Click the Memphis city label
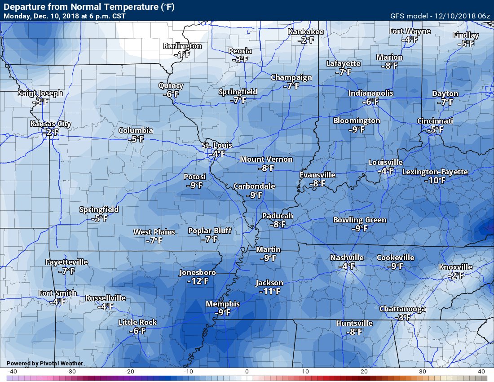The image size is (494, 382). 223,304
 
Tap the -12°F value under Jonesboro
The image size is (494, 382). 198,281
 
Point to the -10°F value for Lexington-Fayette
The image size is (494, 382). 435,180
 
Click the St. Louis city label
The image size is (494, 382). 217,145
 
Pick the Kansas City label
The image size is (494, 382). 51,124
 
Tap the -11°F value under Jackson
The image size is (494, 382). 269,291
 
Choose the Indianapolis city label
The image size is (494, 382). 371,93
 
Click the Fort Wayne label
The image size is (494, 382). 410,31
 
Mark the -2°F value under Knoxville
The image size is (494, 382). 456,275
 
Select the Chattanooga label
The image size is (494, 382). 403,309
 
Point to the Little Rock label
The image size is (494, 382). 138,322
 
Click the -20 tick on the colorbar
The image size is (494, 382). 129,372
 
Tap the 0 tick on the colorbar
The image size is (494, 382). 247,372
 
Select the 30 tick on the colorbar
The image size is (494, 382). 423,372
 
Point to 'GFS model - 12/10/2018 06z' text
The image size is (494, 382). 440,16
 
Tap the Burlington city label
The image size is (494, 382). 182,46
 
